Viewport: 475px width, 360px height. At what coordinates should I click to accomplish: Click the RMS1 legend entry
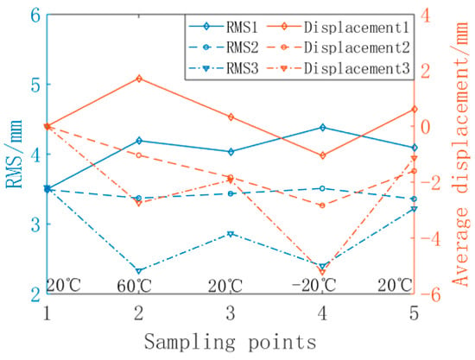pos(224,27)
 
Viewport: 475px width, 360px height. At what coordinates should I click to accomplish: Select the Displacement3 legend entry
pos(339,68)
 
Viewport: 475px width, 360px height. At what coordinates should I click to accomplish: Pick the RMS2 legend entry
pos(224,47)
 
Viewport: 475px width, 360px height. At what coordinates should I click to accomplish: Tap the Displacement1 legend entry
pos(339,27)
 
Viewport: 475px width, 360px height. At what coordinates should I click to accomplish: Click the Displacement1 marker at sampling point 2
pos(139,79)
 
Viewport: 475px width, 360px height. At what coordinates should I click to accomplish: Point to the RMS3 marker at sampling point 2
pos(139,271)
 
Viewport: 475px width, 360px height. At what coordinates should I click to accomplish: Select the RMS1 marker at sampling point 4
pos(323,128)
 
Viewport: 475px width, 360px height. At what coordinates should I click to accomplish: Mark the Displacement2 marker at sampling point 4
pos(323,205)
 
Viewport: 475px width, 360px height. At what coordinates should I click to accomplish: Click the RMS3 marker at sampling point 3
pos(231,234)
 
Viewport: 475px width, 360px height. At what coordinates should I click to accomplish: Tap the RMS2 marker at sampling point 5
pos(414,199)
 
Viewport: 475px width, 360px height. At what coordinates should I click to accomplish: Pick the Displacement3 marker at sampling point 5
pos(414,158)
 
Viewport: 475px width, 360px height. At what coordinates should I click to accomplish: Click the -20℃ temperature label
pos(313,285)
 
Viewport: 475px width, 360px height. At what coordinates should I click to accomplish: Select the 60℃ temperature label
pos(134,285)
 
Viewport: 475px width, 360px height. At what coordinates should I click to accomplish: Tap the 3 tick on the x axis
pos(231,313)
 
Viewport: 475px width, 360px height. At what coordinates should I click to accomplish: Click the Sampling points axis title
pos(231,342)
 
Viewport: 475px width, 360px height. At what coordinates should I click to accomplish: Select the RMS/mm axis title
pos(14,155)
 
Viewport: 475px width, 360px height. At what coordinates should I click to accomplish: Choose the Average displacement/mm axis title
pos(461,155)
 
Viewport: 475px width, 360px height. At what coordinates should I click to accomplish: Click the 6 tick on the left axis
pos(36,16)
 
